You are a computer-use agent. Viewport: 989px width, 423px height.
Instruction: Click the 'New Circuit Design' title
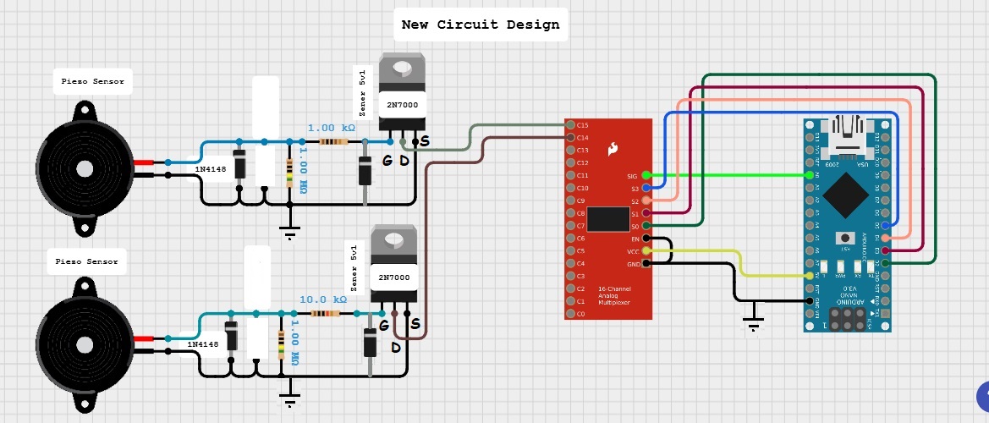pos(480,25)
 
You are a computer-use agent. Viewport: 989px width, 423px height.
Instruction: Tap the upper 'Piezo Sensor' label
pos(92,82)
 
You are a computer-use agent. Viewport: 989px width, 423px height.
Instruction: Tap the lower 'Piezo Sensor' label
pos(86,262)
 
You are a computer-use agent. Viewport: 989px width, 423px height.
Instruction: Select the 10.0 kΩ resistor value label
pos(323,299)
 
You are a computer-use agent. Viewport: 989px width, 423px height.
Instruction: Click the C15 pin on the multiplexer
pos(571,124)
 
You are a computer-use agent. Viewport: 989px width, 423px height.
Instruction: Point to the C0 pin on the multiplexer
pos(571,313)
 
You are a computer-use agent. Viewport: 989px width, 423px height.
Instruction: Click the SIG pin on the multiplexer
pos(647,176)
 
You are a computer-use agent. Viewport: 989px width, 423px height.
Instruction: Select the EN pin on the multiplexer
pos(647,239)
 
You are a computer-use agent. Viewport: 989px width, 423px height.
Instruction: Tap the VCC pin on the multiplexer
pos(647,251)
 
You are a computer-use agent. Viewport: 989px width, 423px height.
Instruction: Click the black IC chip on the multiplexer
pos(607,219)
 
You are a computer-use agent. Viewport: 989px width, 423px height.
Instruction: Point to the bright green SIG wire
pos(728,176)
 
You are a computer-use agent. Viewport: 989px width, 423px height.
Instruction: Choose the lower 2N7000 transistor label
pos(393,277)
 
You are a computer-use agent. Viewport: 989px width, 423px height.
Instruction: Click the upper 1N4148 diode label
pos(209,170)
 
